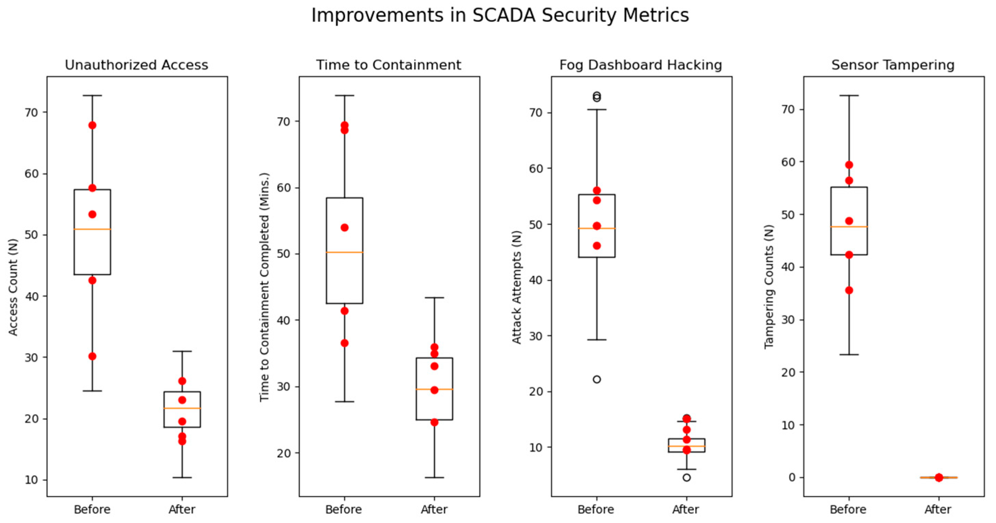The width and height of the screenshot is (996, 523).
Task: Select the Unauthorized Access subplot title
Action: [x=136, y=65]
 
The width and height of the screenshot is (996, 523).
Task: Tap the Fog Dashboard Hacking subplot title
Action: [x=641, y=65]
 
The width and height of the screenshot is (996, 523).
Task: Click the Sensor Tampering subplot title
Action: [x=893, y=65]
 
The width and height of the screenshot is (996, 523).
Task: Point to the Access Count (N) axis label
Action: [x=13, y=288]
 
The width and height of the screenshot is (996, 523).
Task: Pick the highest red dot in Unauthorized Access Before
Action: [x=93, y=125]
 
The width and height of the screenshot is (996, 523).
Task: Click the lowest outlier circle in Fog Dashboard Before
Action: [x=597, y=379]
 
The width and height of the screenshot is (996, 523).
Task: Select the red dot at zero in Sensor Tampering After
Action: [x=939, y=477]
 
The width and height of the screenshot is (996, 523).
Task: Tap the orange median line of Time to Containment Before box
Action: [x=344, y=252]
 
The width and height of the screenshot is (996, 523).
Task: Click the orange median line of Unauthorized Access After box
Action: [x=182, y=408]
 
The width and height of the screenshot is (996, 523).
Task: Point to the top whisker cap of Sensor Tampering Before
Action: [x=849, y=96]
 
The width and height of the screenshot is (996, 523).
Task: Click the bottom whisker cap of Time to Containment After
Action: [x=434, y=478]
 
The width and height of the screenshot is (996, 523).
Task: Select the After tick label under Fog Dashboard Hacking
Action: [x=686, y=509]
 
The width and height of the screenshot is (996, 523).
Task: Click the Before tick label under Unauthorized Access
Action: [x=92, y=509]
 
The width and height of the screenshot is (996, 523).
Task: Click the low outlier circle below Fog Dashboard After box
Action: [x=686, y=478]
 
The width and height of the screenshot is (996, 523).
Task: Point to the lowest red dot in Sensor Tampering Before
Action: [x=849, y=290]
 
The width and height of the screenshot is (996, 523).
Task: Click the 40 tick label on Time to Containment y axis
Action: [x=284, y=320]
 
